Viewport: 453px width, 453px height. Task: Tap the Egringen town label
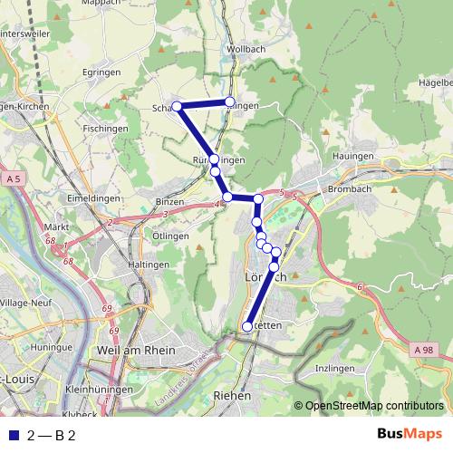(x=101, y=72)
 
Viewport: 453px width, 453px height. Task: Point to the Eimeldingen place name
(x=88, y=197)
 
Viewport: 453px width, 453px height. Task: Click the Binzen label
(x=169, y=201)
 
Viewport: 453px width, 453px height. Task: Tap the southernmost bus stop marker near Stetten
(x=247, y=326)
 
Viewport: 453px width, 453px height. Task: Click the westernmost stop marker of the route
(x=178, y=107)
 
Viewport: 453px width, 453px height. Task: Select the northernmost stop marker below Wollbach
(x=230, y=101)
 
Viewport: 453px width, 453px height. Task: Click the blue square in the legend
(x=13, y=435)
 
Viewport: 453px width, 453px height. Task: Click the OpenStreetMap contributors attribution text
(x=374, y=406)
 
